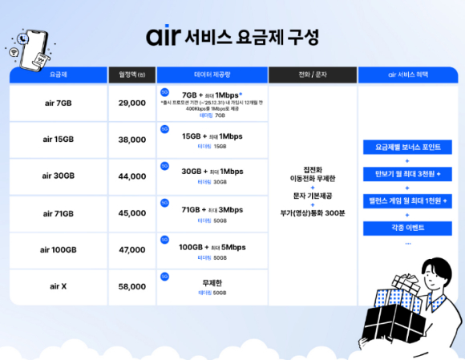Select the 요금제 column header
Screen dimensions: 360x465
[x=58, y=75]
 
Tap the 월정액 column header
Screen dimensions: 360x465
[x=131, y=75]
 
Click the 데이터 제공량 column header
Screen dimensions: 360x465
[x=212, y=75]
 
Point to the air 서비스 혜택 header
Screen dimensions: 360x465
[x=407, y=75]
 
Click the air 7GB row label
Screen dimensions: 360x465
[x=59, y=103]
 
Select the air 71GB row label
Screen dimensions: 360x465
[x=59, y=213]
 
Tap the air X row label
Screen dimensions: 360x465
[x=59, y=286]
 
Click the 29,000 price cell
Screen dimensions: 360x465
[x=131, y=103]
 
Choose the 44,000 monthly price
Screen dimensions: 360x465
[x=131, y=176]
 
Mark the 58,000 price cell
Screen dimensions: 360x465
[x=131, y=286]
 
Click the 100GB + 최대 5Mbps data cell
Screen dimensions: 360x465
[x=212, y=246]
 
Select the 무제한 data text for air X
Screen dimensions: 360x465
[x=212, y=283]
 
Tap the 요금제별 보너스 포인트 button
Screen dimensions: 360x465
[x=407, y=148]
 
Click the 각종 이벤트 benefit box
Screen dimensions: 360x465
[x=407, y=229]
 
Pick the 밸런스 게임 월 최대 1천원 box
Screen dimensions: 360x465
[x=407, y=200]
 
